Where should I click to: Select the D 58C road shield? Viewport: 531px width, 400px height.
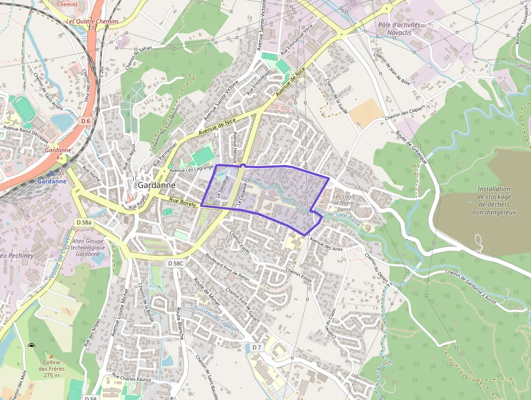click(x=176, y=263)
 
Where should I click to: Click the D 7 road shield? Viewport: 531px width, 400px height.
click(x=257, y=346)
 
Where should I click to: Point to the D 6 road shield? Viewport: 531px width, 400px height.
click(x=85, y=120)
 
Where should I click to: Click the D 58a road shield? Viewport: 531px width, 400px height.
click(x=84, y=223)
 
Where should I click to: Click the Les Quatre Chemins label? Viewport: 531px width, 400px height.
click(x=92, y=22)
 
